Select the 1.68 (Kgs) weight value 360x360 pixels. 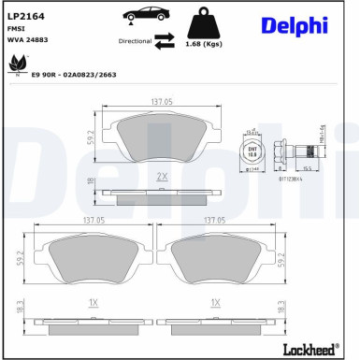pos(205,44)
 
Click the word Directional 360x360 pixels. pos(135,42)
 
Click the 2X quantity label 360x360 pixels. pos(161,176)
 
